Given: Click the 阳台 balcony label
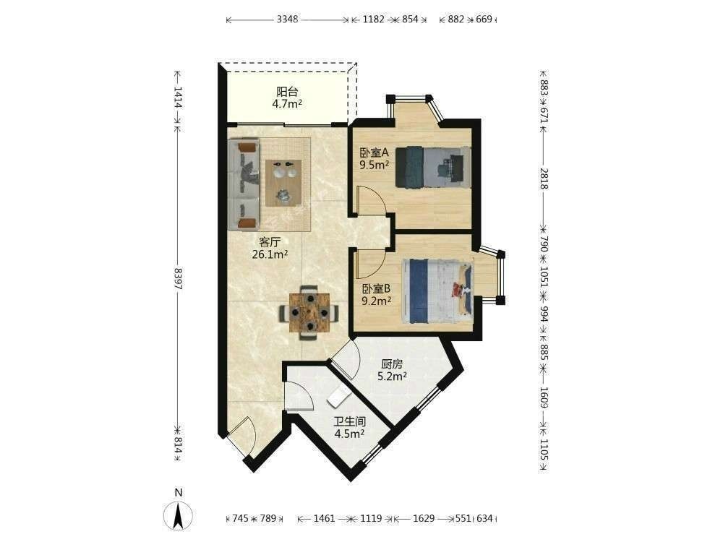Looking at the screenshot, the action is coord(287,91).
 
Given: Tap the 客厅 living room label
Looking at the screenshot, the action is coord(270,242).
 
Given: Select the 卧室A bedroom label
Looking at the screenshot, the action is coord(375,152).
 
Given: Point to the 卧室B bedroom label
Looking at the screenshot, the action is coord(376,289).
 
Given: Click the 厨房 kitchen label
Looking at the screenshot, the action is coord(392,364).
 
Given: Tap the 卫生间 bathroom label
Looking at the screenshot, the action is coord(350,421).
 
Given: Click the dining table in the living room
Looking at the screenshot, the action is coord(309,313).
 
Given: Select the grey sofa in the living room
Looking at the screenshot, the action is coord(244,185).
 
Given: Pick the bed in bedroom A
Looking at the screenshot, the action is coord(433,167).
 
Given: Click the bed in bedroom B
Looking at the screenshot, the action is coord(437,291).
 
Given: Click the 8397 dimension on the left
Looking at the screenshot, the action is coord(178,278).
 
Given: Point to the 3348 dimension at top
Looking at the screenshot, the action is coord(287,20).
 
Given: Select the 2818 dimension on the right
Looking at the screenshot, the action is coord(544,178).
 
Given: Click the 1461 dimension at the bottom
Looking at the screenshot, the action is coord(324,518).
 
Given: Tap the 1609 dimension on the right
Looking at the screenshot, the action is coord(544,397).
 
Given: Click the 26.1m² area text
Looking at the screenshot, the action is coord(270,254).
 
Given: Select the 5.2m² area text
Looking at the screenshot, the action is coord(392,377).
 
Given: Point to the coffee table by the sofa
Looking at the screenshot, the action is coord(283,183).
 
